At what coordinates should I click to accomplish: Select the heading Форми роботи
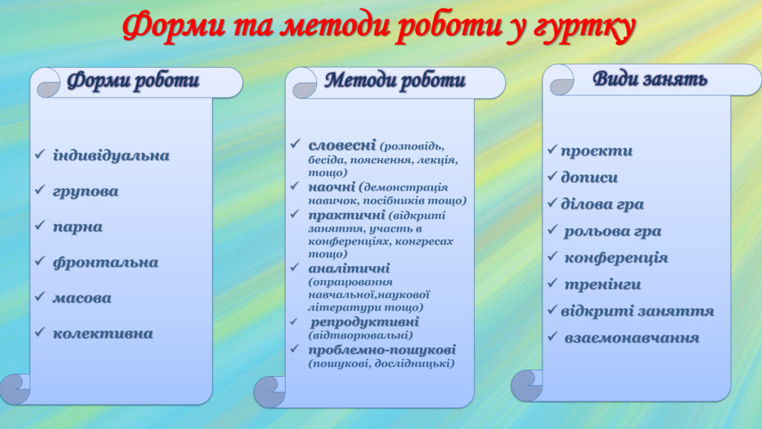(x=133, y=81)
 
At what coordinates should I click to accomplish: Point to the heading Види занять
(x=650, y=79)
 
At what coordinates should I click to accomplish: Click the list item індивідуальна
(x=111, y=156)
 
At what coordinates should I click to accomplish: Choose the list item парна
(x=77, y=227)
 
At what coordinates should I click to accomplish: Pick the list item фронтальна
(x=105, y=263)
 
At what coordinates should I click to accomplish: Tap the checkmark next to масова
(x=40, y=297)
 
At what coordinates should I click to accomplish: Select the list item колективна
(x=103, y=334)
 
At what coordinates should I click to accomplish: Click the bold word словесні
(x=342, y=144)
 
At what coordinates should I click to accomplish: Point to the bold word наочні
(x=332, y=186)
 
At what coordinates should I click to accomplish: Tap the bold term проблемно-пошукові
(x=382, y=349)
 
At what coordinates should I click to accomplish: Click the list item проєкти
(x=596, y=151)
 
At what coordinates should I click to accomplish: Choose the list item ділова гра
(x=602, y=204)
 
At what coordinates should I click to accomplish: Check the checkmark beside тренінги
(x=553, y=284)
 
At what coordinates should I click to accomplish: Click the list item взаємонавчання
(x=631, y=338)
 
